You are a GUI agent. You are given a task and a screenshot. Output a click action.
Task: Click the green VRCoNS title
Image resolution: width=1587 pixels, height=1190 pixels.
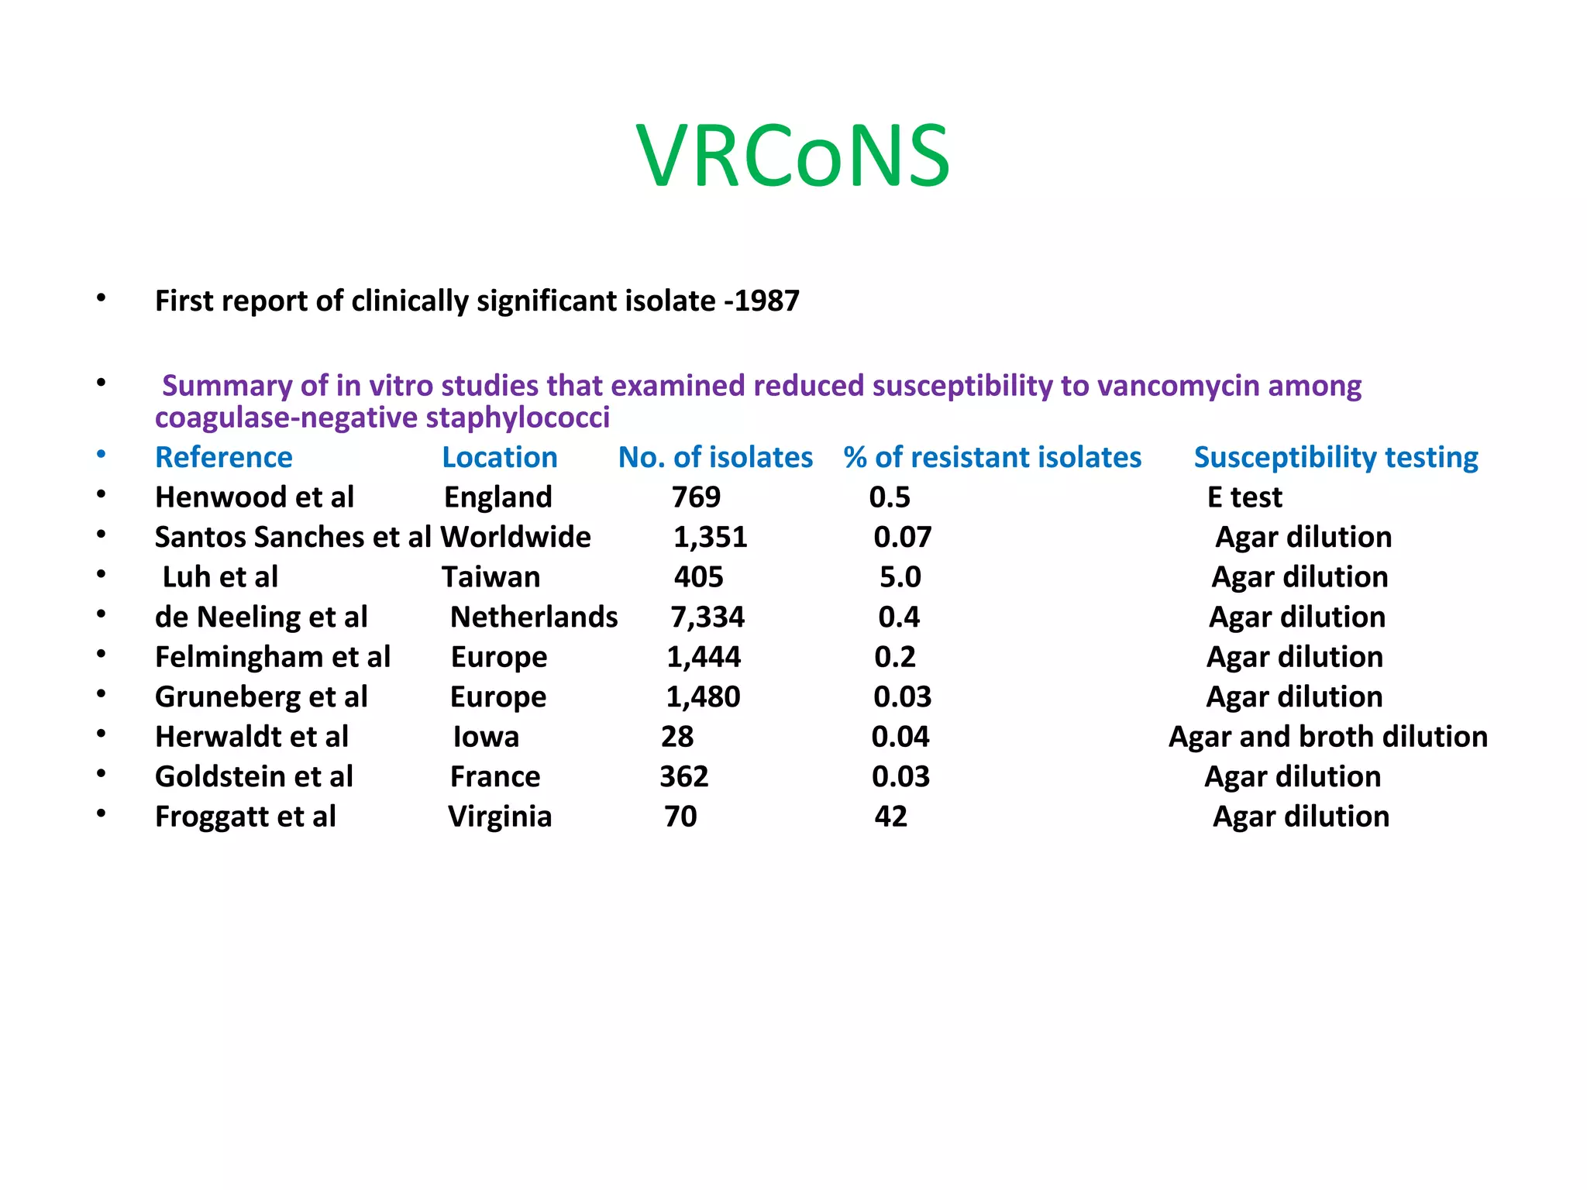pos(793,156)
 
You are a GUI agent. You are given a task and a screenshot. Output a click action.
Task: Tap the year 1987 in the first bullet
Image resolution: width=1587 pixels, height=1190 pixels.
pos(766,301)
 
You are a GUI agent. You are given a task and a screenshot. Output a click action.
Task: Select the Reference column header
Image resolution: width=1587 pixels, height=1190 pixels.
pos(223,457)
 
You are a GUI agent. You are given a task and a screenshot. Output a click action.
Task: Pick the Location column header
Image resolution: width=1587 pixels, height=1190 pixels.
pos(499,457)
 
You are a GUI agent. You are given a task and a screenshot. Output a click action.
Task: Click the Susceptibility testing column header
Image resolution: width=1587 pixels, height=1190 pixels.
pos(1335,457)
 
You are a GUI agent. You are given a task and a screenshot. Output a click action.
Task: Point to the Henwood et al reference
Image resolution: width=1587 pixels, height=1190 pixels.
pos(254,497)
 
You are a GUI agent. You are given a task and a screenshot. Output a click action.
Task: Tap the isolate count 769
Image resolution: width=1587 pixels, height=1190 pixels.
pos(696,497)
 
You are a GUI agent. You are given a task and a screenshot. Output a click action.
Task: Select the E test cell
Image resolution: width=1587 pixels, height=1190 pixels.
pos(1244,497)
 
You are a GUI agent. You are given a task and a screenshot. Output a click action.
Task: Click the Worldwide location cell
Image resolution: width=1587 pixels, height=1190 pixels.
pos(515,537)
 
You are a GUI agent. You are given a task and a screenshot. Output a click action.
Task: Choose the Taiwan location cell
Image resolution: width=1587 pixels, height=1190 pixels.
pos(491,577)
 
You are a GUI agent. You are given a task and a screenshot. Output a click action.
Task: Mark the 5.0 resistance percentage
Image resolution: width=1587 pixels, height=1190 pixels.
pos(900,577)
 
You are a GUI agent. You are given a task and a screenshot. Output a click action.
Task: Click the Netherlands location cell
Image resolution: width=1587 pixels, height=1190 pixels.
pos(534,617)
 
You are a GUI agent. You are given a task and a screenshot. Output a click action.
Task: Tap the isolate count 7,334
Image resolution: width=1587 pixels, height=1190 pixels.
pos(707,617)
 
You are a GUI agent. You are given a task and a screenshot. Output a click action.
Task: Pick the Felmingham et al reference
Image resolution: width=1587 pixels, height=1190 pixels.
pos(272,657)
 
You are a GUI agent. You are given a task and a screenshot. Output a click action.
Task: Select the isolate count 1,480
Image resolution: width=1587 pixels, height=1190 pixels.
pos(703,697)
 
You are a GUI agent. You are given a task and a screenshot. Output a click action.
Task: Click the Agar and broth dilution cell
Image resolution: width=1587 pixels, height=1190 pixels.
pos(1327,737)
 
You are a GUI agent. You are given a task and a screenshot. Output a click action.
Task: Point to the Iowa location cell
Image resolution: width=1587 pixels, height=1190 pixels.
pos(486,737)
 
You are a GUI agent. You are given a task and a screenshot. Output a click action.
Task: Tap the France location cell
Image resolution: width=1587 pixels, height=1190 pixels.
pos(495,776)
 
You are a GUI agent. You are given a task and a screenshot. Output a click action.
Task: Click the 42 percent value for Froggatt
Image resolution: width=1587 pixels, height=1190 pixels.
pos(890,817)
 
